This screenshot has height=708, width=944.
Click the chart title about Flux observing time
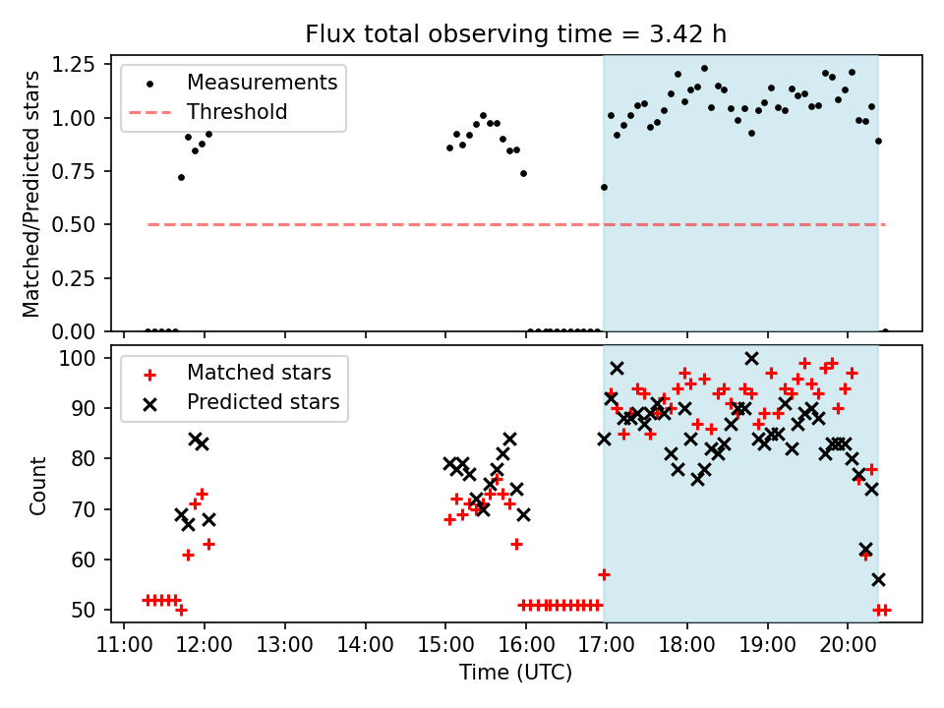tap(516, 34)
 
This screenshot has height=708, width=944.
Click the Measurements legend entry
tap(262, 82)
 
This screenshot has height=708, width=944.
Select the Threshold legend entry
tap(237, 112)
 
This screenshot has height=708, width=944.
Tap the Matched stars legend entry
tap(259, 373)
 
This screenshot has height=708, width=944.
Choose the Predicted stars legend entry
tap(263, 402)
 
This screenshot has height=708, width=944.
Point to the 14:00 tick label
tap(366, 644)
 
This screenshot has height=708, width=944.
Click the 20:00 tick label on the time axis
tap(849, 644)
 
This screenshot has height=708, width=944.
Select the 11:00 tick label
tap(124, 644)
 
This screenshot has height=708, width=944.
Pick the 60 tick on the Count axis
tap(90, 560)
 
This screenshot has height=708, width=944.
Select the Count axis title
tap(38, 485)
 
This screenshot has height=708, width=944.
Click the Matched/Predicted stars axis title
tap(32, 194)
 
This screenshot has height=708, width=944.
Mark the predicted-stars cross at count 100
tap(751, 359)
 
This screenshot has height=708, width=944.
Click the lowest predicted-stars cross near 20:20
tap(878, 579)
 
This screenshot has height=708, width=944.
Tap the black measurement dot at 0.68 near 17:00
tap(604, 187)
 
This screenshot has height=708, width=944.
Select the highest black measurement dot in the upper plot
tap(704, 69)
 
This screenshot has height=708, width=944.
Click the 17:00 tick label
tap(607, 644)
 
